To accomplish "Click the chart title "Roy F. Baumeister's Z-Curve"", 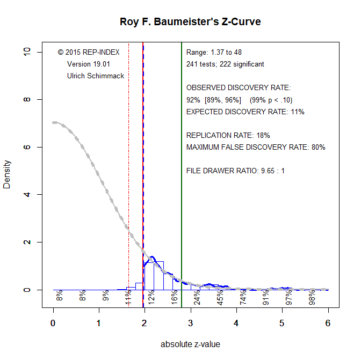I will point(190,22).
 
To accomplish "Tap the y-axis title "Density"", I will point(7,174).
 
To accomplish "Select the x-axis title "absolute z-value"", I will point(190,344).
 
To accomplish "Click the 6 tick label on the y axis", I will point(34,147).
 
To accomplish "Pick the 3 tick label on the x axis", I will point(190,323).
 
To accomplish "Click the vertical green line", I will point(182,161).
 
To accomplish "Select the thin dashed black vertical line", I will point(128,161).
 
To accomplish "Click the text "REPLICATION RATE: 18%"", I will point(228,135).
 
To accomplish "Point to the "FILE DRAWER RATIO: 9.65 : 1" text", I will point(235,171).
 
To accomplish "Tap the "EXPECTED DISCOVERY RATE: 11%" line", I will point(245,112).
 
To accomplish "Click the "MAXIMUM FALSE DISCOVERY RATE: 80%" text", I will point(256,147).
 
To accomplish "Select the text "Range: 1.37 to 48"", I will point(214,53).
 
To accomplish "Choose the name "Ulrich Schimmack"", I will point(96,76).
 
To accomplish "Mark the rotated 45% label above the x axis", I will point(221,297).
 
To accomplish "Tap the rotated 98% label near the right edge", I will point(312,297).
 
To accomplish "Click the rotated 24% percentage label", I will point(198,297).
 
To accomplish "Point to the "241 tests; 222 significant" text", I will point(225,64).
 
